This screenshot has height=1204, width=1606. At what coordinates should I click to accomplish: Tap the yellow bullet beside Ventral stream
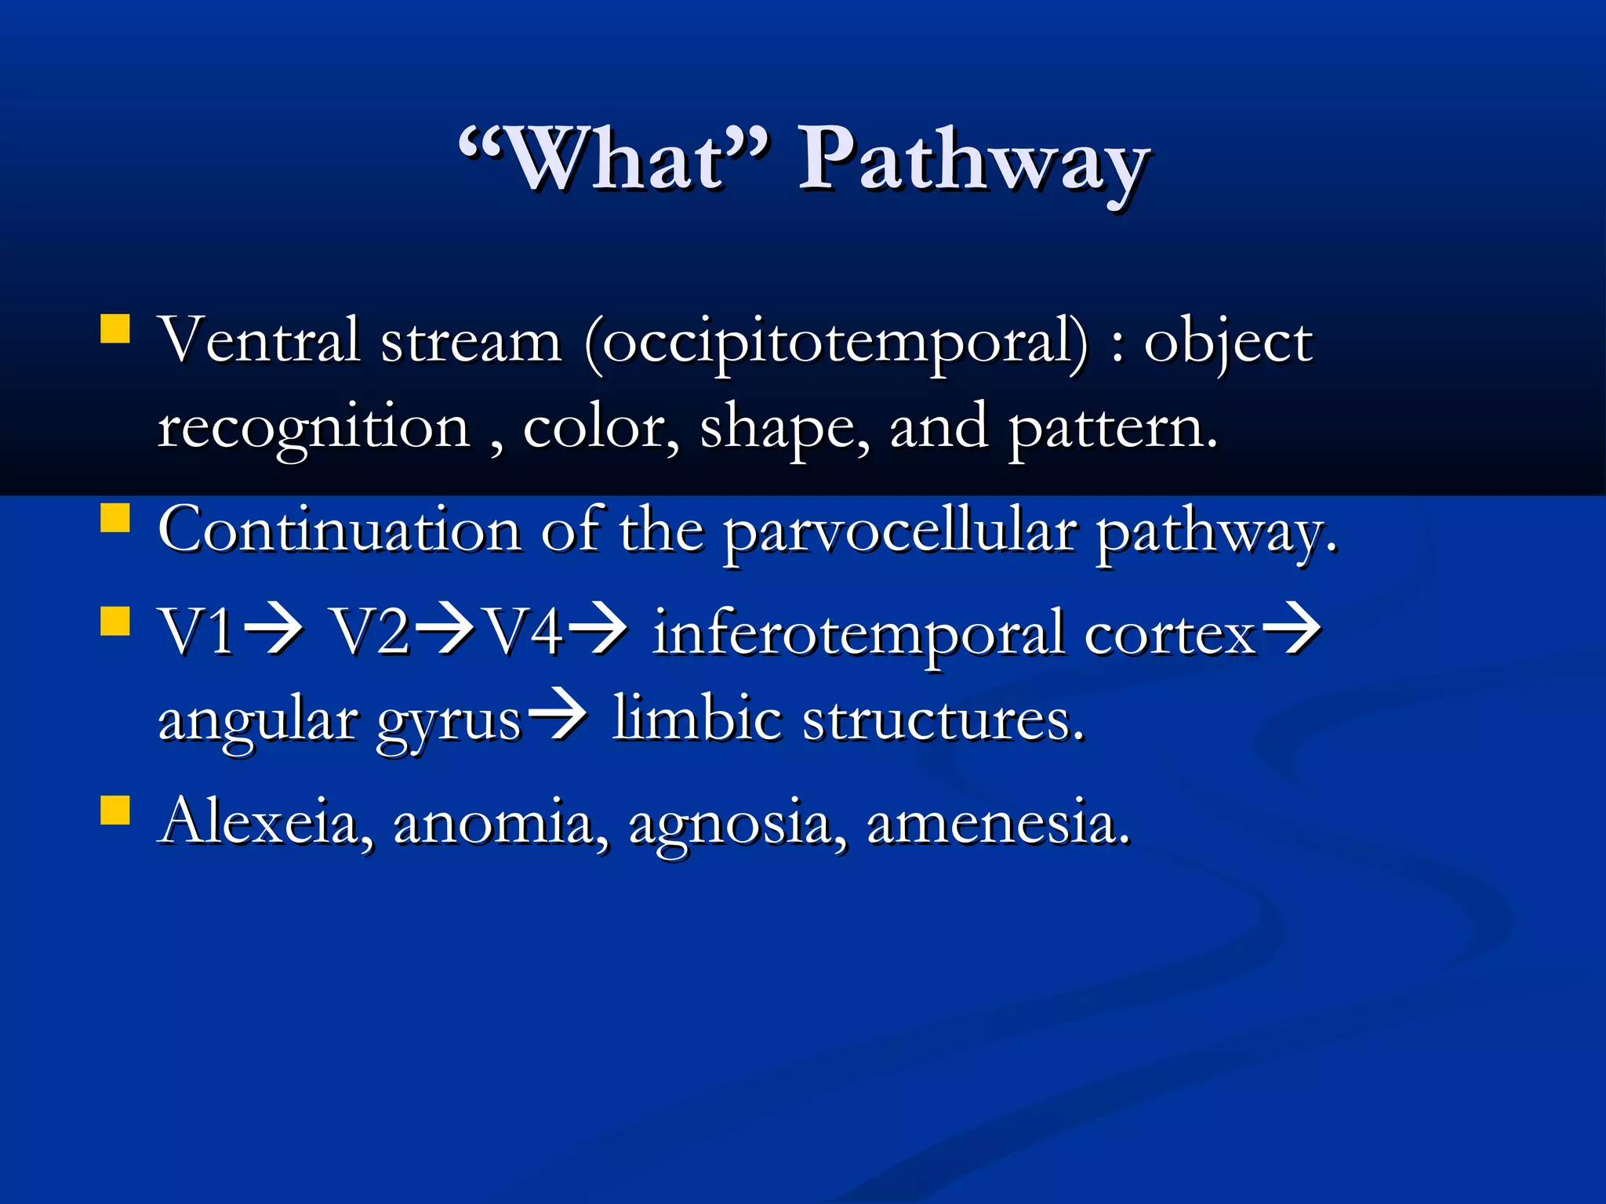pos(115,329)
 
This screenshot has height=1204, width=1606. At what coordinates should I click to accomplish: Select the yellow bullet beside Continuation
pos(115,518)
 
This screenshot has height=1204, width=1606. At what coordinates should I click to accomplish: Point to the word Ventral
pos(259,341)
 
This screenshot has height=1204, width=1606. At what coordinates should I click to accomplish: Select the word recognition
pos(313,430)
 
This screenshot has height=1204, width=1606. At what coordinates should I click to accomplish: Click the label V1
pos(196,632)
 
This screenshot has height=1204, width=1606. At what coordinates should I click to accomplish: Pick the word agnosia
pos(737,824)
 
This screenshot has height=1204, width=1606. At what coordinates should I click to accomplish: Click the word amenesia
pos(998,823)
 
